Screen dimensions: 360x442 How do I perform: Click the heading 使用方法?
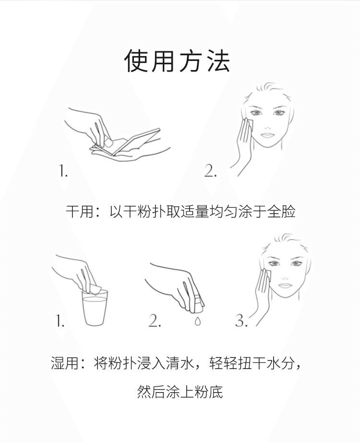(177, 61)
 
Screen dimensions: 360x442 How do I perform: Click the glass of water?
(95, 308)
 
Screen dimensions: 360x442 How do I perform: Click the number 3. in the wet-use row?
(241, 321)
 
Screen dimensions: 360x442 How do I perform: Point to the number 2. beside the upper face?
(211, 171)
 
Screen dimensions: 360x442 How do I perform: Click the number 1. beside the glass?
(60, 321)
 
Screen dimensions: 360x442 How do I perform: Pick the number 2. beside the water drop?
(155, 321)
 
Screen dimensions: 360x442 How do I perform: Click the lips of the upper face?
(267, 135)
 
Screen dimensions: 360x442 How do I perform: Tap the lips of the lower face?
(285, 286)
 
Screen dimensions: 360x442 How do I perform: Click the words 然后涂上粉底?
(180, 392)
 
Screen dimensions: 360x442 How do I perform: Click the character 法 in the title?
(218, 61)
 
